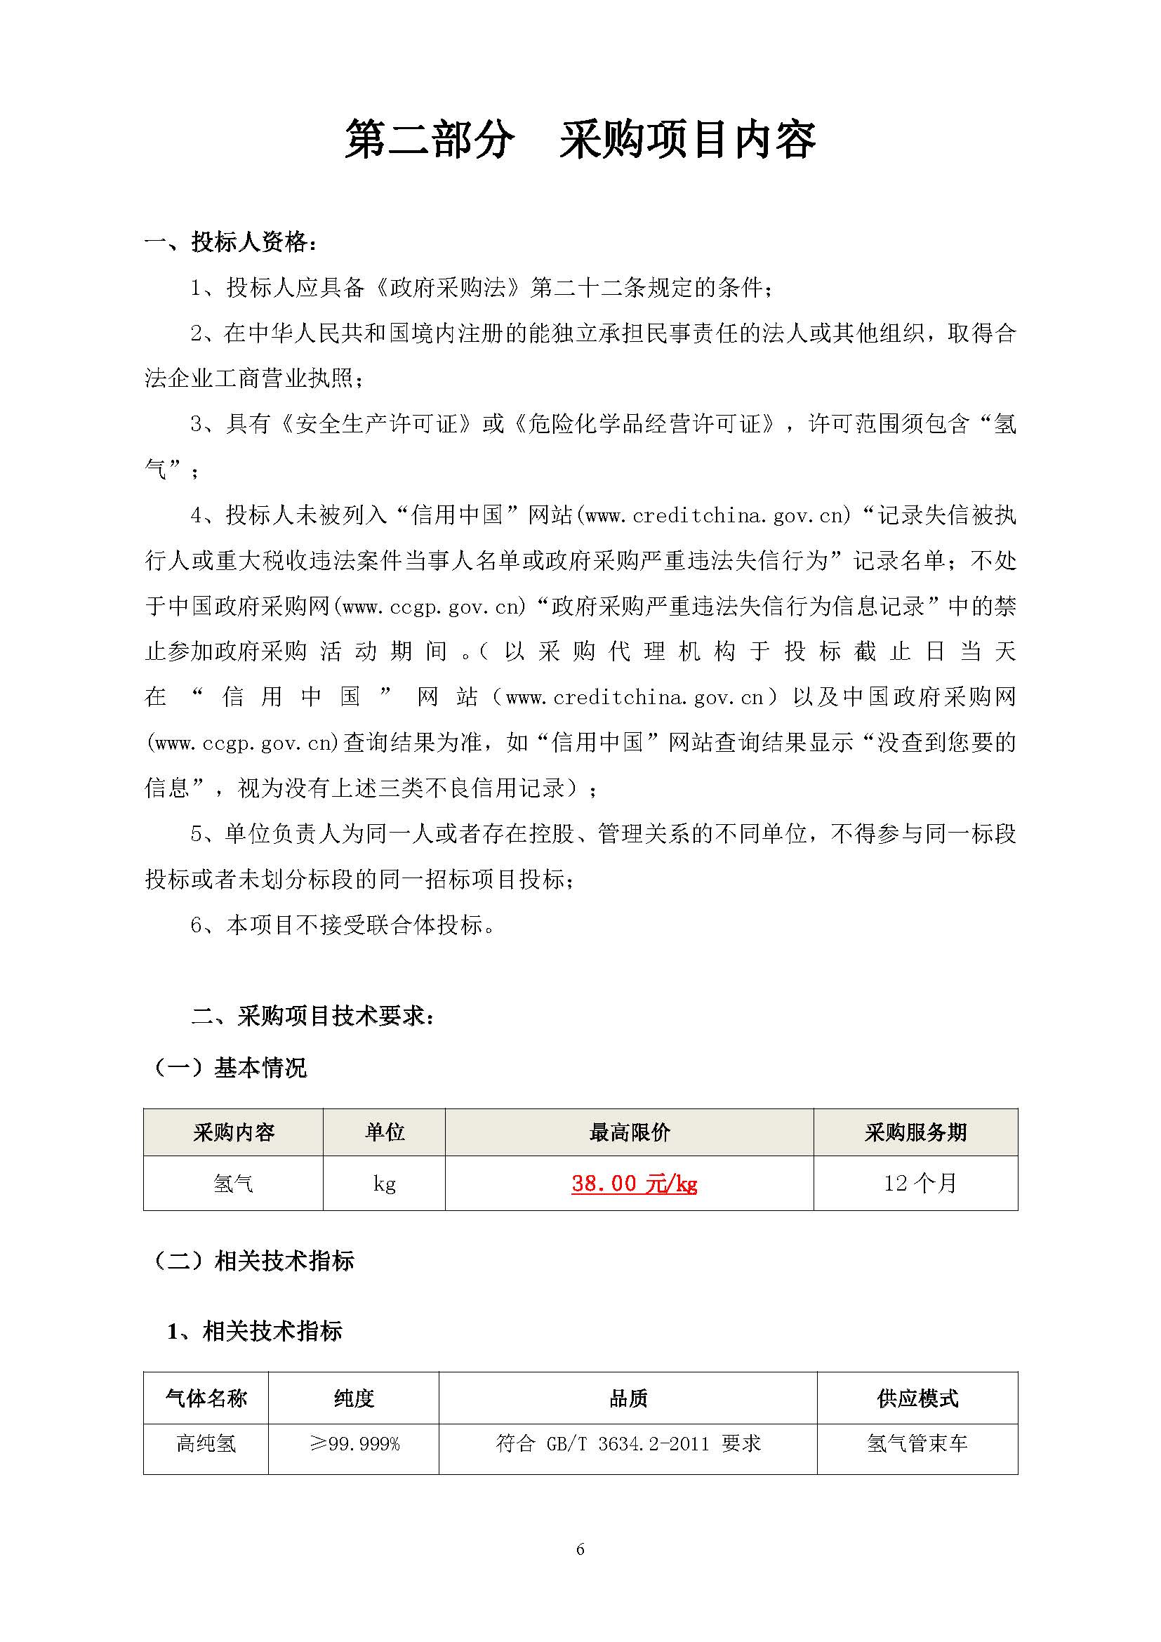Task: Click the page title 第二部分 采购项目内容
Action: tap(580, 139)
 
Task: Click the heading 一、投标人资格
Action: tap(231, 242)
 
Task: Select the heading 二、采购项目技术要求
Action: tap(313, 1016)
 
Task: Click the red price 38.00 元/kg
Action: tap(634, 1184)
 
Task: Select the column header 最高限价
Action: tap(629, 1132)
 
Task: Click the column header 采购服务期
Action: tap(915, 1132)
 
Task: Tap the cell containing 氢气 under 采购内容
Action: tap(233, 1184)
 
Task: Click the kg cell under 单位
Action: tap(384, 1184)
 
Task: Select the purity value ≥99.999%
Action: tap(354, 1444)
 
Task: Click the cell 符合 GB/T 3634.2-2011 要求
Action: tap(628, 1444)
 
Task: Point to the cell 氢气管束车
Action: tap(917, 1444)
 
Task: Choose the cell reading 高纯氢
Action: tap(206, 1444)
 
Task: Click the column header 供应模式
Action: tap(917, 1398)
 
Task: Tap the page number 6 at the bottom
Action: tap(580, 1550)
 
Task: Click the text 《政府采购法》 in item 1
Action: tap(449, 288)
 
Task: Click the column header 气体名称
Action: tap(206, 1398)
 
